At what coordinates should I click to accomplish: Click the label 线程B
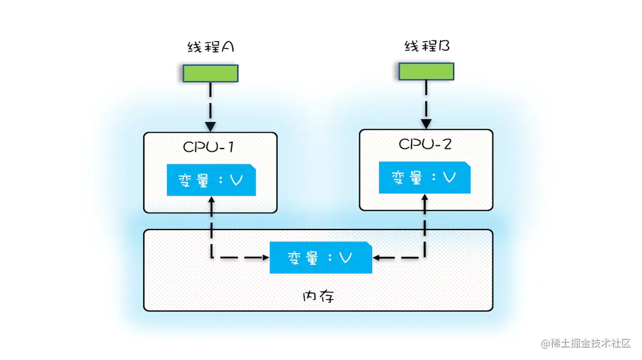[x=427, y=46]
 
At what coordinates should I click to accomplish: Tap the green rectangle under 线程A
[x=210, y=73]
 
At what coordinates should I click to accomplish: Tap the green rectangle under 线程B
[x=426, y=71]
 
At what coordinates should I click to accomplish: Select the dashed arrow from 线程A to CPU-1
[x=210, y=104]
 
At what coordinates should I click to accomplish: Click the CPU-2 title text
[x=425, y=144]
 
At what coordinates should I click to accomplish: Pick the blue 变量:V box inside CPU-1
[x=211, y=181]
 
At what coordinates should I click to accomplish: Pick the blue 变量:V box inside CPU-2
[x=424, y=177]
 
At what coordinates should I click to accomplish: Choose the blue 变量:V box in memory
[x=320, y=258]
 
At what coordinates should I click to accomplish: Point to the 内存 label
[x=318, y=296]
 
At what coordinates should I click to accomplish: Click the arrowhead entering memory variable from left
[x=264, y=258]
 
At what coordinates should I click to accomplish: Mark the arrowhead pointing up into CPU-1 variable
[x=211, y=200]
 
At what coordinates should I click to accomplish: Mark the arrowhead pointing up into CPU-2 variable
[x=425, y=198]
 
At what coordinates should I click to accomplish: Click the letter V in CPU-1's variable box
[x=237, y=181]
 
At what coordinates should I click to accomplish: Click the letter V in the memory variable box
[x=346, y=258]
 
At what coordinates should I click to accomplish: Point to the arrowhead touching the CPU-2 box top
[x=426, y=124]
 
